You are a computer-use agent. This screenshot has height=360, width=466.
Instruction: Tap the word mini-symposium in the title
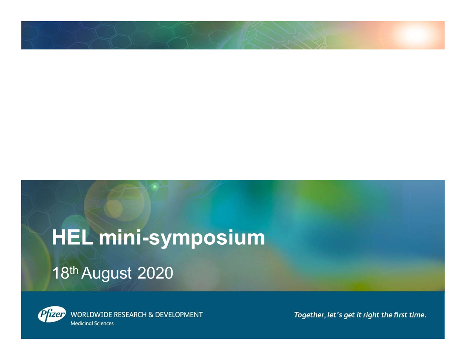click(182, 238)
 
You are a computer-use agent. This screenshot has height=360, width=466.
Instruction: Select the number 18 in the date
click(61, 273)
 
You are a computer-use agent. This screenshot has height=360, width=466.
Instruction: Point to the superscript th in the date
click(74, 270)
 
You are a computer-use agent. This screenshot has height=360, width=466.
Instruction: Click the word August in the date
click(106, 274)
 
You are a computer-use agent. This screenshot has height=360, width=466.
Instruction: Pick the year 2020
click(155, 273)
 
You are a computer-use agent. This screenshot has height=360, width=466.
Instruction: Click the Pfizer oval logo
click(52, 314)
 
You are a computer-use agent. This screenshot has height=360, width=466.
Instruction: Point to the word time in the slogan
click(417, 315)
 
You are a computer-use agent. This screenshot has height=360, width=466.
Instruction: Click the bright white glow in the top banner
click(414, 35)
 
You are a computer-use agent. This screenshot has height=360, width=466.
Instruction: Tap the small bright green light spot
click(155, 187)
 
